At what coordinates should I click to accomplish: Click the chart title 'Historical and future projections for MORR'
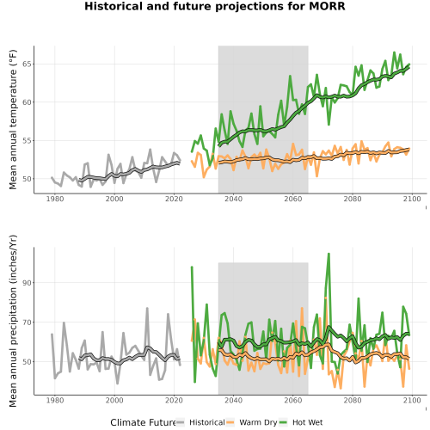pos(215,6)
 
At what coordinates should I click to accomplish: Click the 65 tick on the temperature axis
pos(27,64)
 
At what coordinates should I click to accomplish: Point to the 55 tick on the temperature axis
pos(27,140)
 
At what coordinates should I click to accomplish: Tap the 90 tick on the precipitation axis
pos(27,283)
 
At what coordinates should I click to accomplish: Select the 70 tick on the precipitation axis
pos(27,322)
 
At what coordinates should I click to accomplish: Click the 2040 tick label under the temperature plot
pos(233,199)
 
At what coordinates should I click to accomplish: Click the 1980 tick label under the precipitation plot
pos(55,400)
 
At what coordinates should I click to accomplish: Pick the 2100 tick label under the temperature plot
pos(412,199)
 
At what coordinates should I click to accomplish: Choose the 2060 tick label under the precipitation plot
pos(293,400)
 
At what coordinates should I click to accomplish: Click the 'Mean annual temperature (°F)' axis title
pos(13,120)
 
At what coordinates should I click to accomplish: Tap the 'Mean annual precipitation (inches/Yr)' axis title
pos(13,321)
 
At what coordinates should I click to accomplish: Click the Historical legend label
pos(207,422)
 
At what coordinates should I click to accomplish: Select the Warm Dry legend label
pos(258,423)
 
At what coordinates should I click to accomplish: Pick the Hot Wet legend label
pos(308,422)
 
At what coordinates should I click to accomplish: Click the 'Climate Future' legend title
pos(143,422)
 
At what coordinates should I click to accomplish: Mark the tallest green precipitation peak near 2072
pos(329,254)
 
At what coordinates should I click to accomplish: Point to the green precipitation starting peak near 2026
pos(192,267)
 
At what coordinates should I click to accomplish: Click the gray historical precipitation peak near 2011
pos(147,308)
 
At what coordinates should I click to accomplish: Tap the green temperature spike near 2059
pos(290,76)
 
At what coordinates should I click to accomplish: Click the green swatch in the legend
pos(283,422)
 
